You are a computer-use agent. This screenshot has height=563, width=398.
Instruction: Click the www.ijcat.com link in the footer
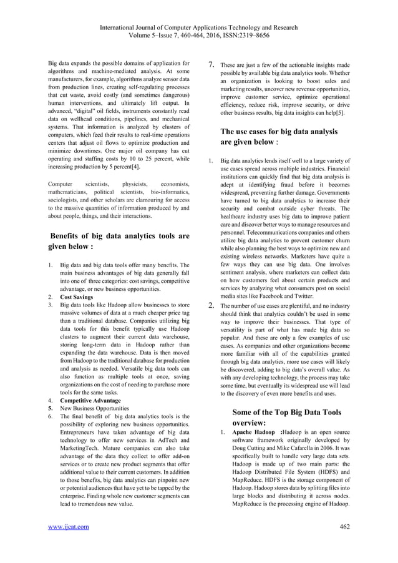(69, 527)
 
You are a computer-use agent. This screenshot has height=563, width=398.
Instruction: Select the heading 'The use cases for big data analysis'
(279, 132)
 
